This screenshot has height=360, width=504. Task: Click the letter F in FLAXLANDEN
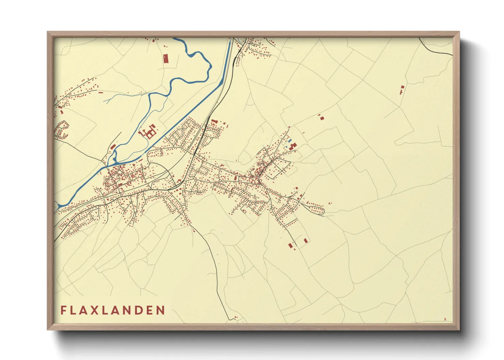[x=64, y=310]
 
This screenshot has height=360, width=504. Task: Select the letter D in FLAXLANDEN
[x=136, y=310]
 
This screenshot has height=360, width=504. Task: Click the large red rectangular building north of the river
[x=166, y=59]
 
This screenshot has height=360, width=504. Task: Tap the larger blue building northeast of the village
[x=290, y=141]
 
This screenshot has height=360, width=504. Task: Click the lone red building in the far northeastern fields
[x=401, y=89]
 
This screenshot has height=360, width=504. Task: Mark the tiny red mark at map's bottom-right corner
[x=445, y=319]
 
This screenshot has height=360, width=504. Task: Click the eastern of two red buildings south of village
[x=305, y=241]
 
